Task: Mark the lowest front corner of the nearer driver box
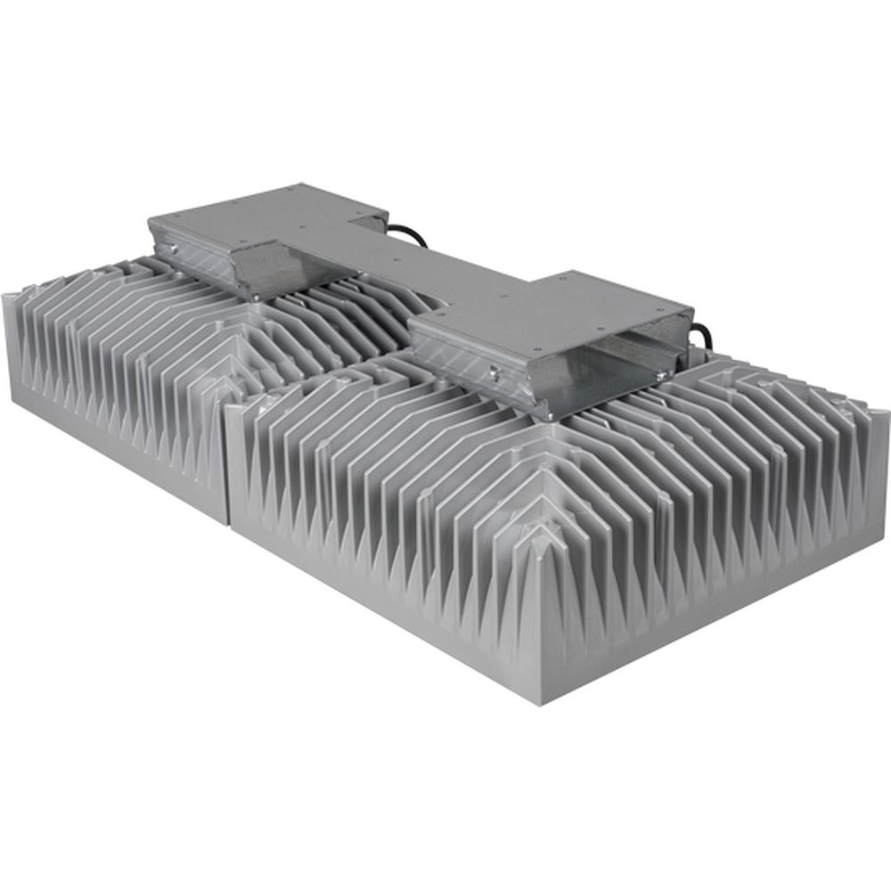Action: pos(545,416)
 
